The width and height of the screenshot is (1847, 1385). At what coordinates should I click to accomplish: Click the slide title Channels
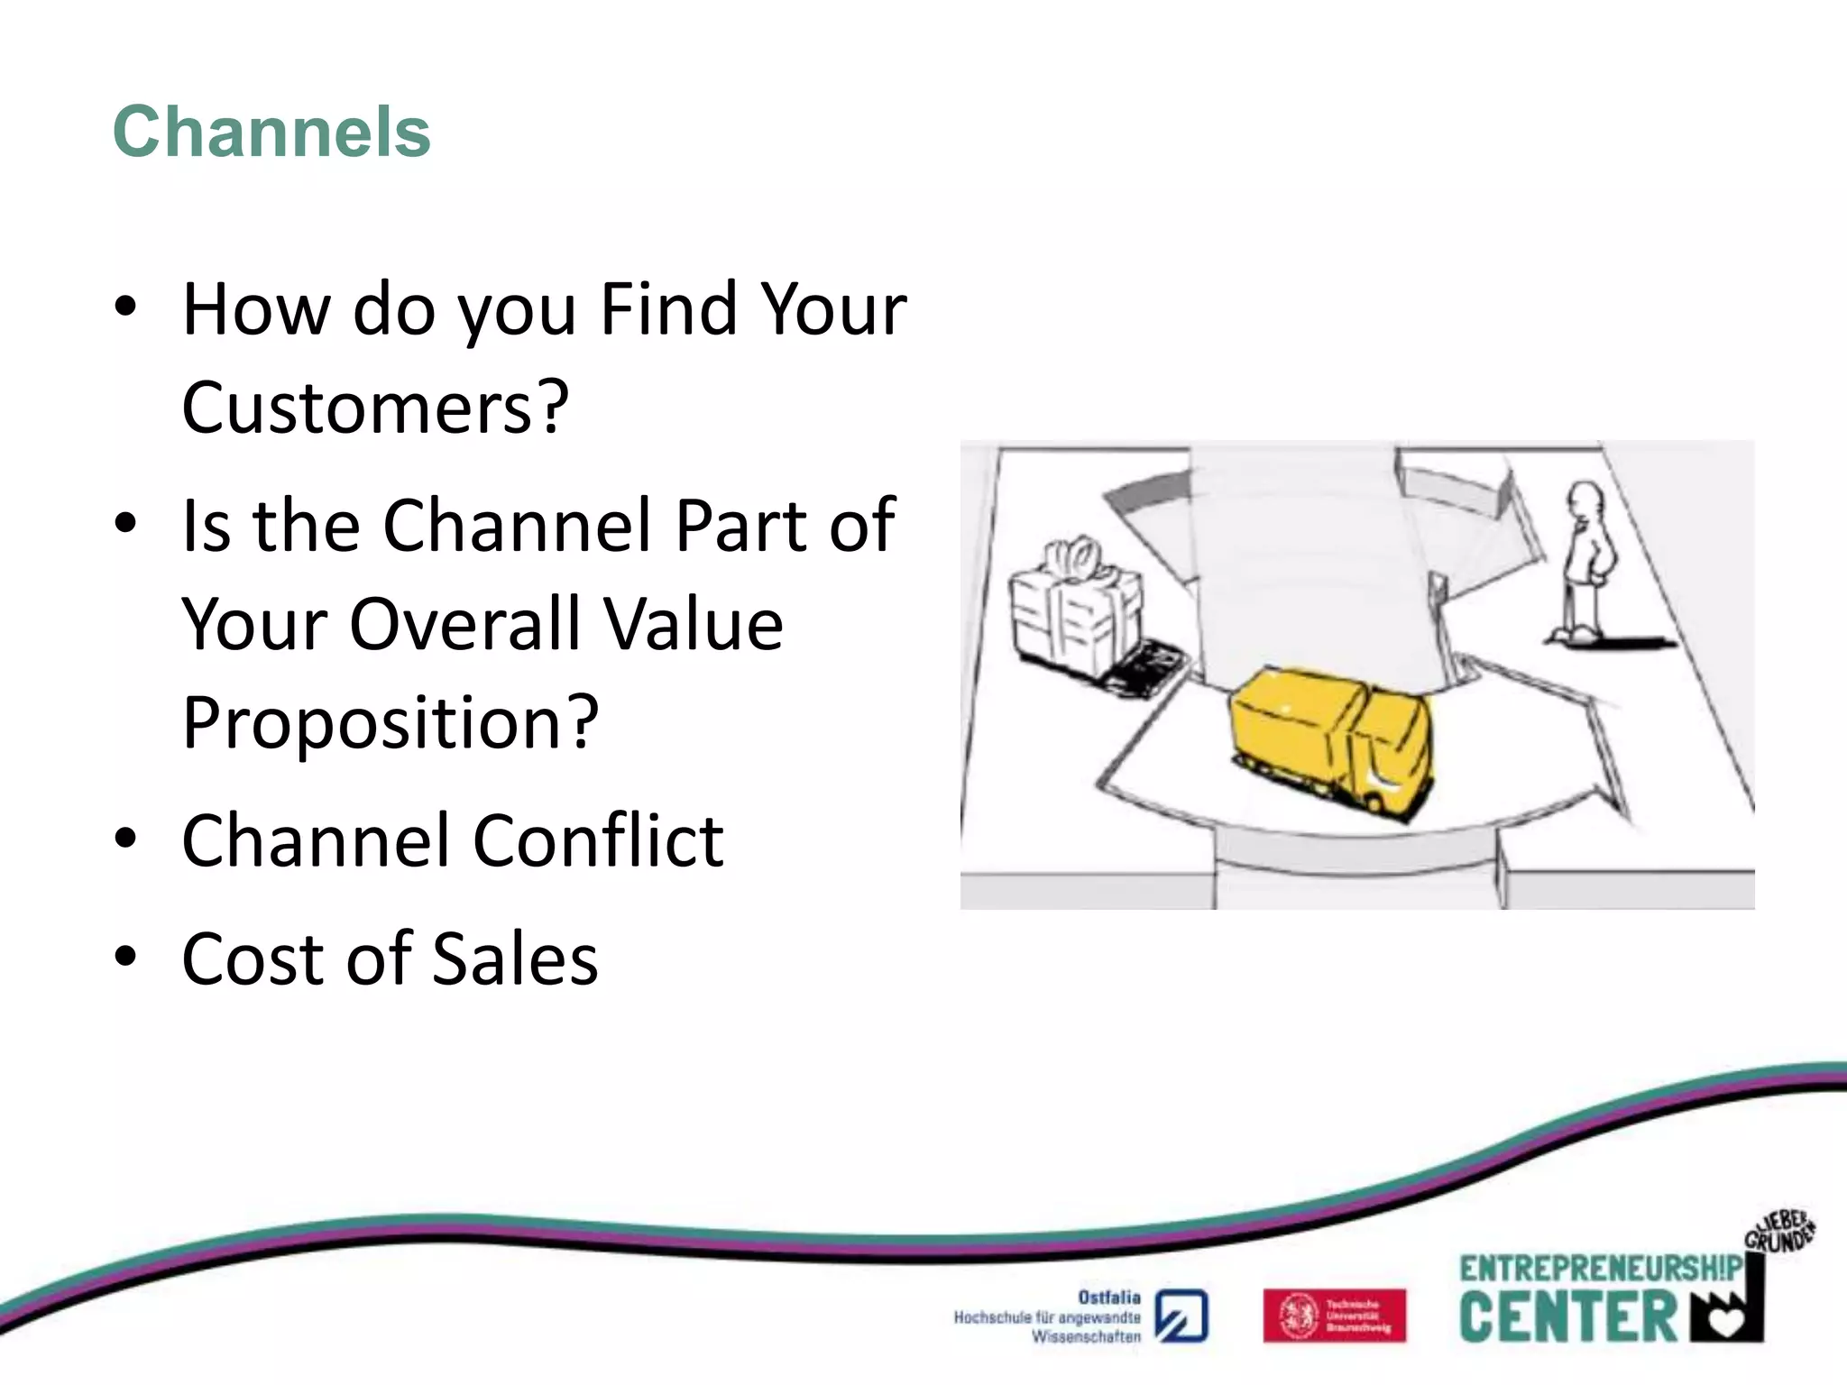(271, 132)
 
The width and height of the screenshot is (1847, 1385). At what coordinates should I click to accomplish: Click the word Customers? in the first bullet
(375, 408)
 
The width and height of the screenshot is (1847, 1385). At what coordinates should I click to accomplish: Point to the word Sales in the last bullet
(515, 958)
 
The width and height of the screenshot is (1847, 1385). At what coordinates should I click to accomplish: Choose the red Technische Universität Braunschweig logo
(1334, 1316)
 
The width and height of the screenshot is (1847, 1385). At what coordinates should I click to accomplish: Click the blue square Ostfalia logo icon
(1181, 1316)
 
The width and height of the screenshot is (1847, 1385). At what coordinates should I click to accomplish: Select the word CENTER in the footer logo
(1567, 1317)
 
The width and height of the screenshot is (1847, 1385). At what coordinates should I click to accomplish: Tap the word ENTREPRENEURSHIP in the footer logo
(1600, 1269)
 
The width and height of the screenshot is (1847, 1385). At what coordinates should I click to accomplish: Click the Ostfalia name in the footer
(1108, 1298)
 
